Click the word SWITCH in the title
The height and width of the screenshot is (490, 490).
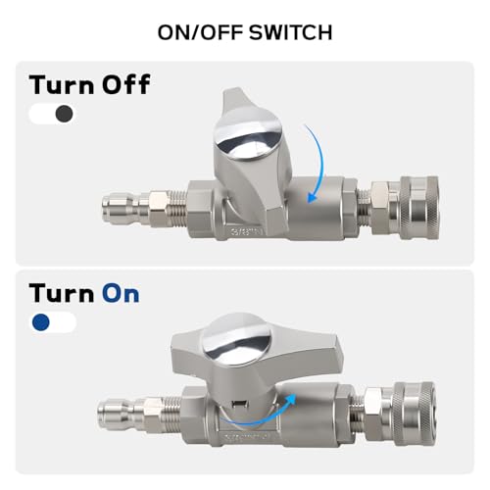pos(291,32)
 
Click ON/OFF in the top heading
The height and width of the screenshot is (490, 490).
pos(201,32)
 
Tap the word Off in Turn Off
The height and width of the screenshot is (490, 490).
pos(125,84)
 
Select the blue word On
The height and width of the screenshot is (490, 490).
pos(121,293)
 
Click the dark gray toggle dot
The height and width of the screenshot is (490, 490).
pos(64,114)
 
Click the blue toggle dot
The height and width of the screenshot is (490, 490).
pos(41,322)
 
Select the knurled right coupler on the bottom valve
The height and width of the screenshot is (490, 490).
pos(415,414)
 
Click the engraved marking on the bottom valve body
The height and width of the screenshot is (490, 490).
pos(245,436)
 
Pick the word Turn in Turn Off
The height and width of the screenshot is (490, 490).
pos(62,85)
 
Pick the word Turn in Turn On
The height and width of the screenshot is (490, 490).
pos(62,293)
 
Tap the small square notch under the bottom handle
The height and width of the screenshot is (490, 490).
pos(239,404)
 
